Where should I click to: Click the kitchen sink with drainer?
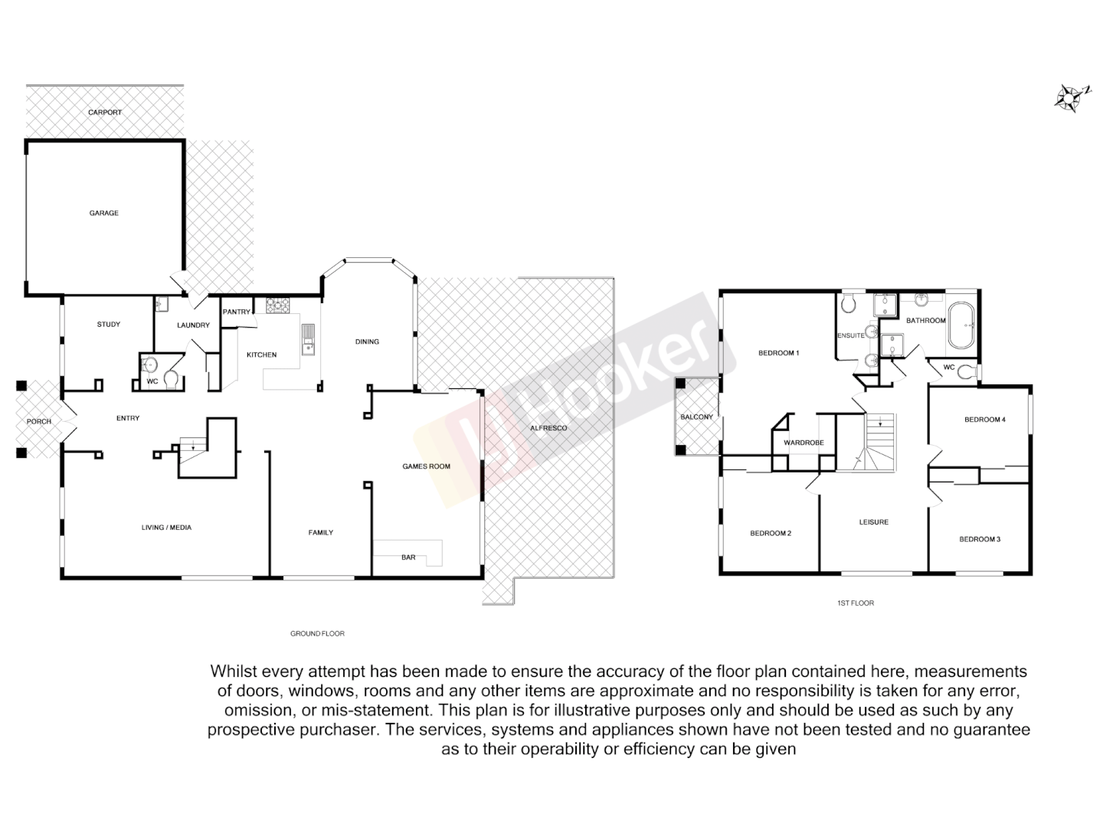click(x=308, y=339)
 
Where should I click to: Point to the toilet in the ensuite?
click(x=847, y=304)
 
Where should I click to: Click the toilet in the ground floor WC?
click(x=172, y=379)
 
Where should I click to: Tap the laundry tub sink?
click(x=161, y=305)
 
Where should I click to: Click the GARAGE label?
click(x=103, y=213)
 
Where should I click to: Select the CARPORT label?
click(x=105, y=113)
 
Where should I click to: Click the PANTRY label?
click(x=236, y=312)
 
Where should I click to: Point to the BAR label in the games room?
click(x=408, y=557)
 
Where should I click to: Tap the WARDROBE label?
click(x=804, y=443)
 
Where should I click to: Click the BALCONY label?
click(x=696, y=417)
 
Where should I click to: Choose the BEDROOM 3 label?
click(x=980, y=539)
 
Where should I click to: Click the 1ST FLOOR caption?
click(x=855, y=603)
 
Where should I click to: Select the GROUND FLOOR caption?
click(x=317, y=634)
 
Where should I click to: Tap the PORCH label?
click(x=39, y=421)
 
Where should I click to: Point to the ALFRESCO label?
click(x=548, y=428)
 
